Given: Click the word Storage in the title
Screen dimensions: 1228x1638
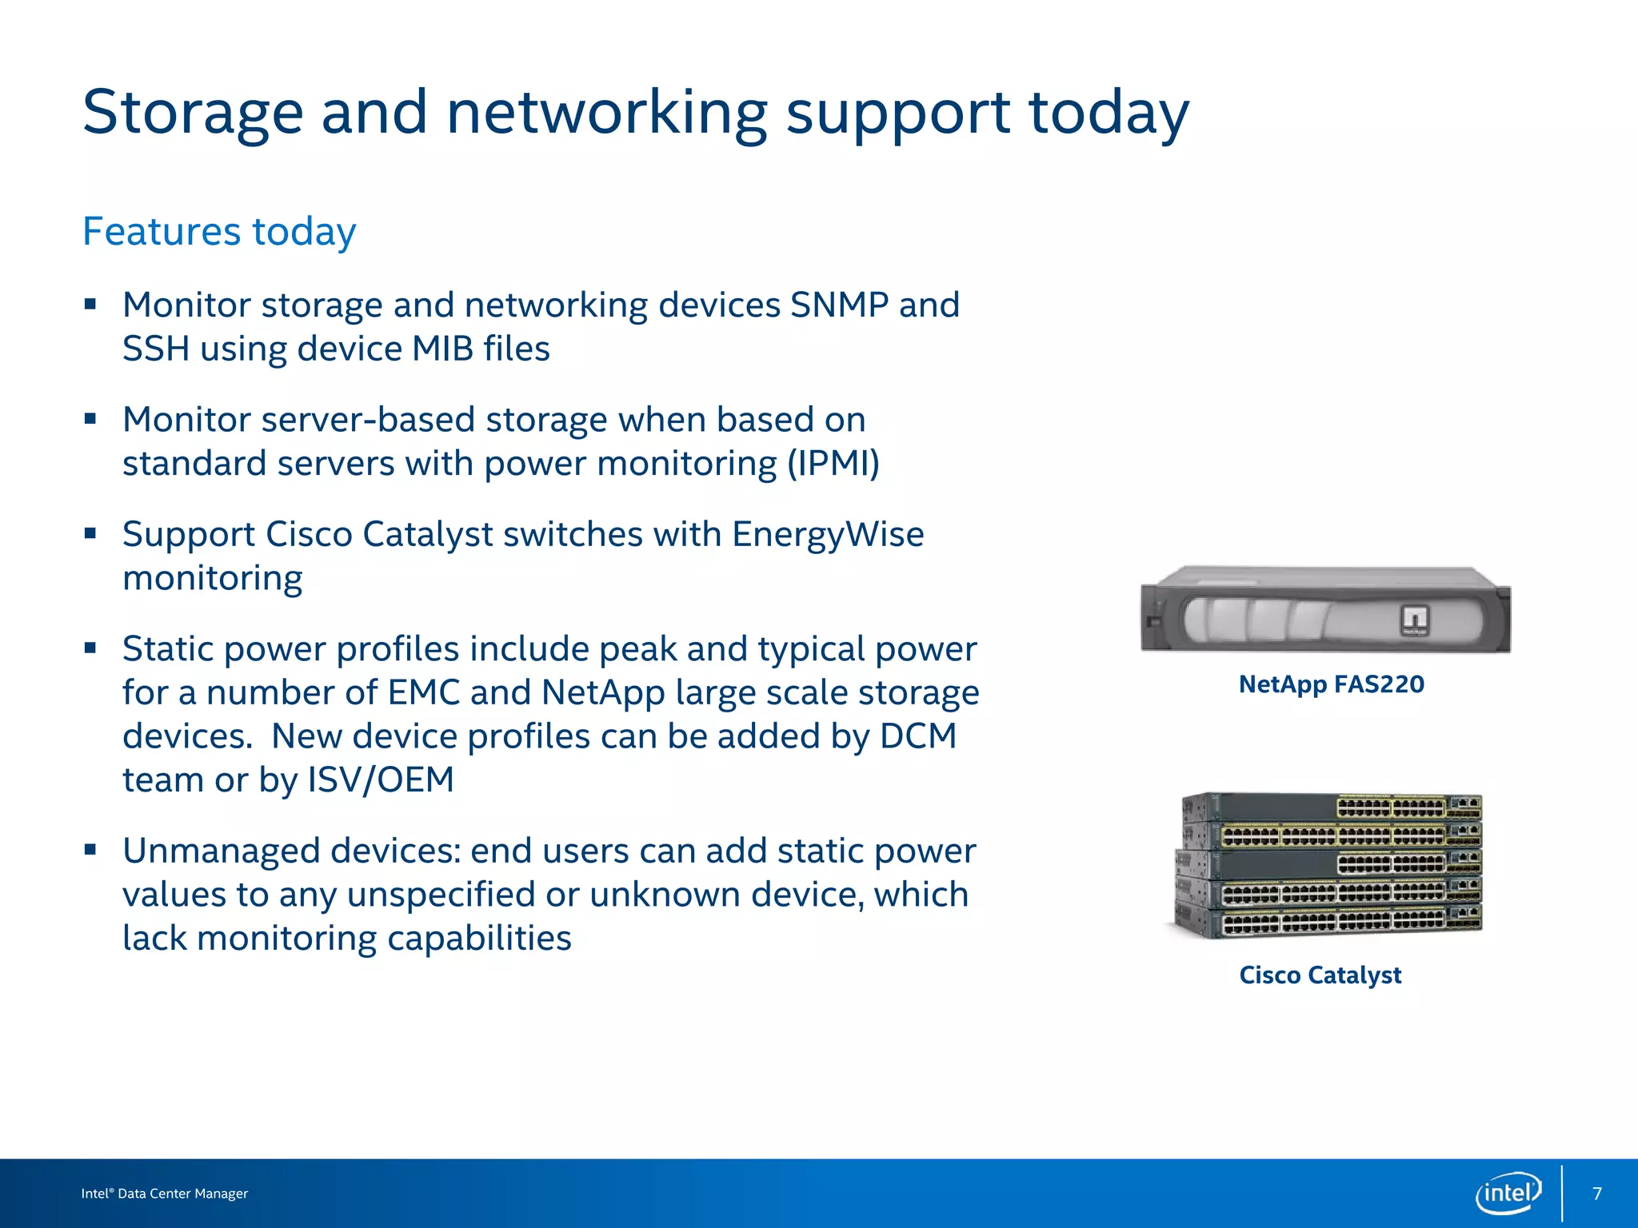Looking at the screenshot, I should coord(193,113).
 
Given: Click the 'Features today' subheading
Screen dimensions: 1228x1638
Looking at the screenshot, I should coord(219,232).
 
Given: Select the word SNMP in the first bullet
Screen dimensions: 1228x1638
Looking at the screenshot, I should coord(839,305).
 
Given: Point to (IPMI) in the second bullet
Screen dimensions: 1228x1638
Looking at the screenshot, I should coord(833,464).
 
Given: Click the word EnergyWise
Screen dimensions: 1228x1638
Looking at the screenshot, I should coord(828,534).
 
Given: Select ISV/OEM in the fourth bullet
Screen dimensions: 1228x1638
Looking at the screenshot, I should coord(380,779).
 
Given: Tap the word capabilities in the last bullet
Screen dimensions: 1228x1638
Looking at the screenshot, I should coord(479,939).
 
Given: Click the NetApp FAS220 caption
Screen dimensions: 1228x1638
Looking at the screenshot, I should coord(1331,684).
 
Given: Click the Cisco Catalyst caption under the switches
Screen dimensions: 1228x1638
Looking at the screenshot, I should coord(1320,975).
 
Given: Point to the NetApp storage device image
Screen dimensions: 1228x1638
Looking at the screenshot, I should coord(1324,609).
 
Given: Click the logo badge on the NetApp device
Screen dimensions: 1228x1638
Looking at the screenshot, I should coord(1413,620).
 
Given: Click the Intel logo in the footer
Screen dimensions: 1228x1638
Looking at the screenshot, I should coord(1508,1194).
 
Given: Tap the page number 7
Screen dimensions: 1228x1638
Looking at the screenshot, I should coord(1597,1194).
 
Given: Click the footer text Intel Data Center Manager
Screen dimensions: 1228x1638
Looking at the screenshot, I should coord(165,1194).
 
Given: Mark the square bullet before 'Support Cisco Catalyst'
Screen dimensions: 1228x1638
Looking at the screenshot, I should coord(90,533).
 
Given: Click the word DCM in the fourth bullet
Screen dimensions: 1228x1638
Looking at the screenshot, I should coord(917,736).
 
